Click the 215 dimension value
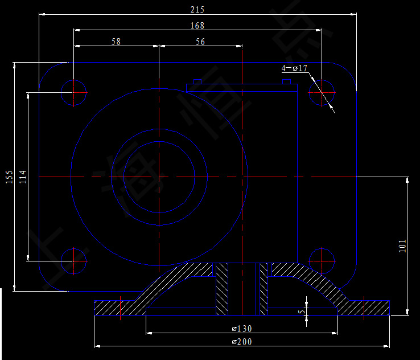[x=197, y=10]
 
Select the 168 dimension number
[x=197, y=25]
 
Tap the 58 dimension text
[x=116, y=41]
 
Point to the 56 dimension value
[x=200, y=41]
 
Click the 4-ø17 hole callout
[x=295, y=68]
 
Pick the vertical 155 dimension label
[x=9, y=177]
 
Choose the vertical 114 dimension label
[x=22, y=177]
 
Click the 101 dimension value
[x=402, y=246]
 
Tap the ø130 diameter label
[x=242, y=329]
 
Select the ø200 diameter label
[x=242, y=342]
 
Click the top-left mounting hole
[x=74, y=92]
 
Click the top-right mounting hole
[x=322, y=92]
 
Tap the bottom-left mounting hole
[x=74, y=261]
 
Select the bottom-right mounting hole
[x=322, y=261]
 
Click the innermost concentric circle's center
[x=159, y=177]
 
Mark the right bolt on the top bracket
[x=287, y=82]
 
